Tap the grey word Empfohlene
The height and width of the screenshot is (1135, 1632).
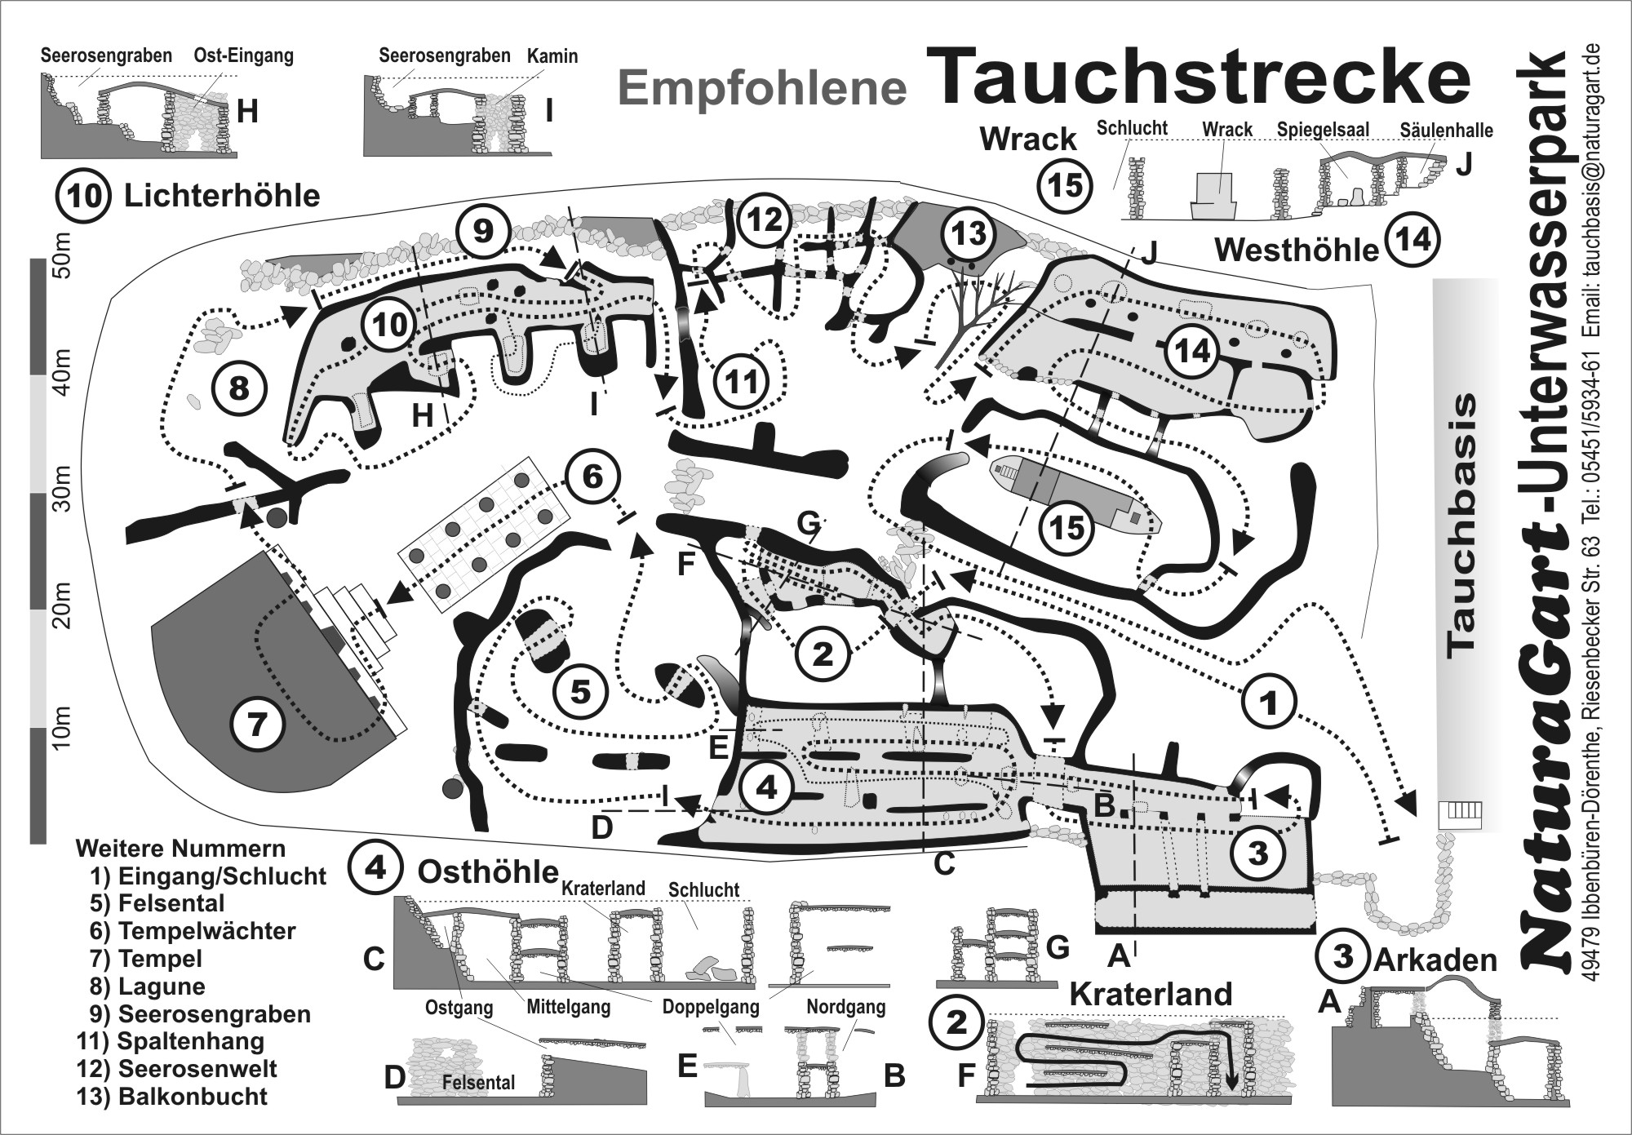(x=763, y=88)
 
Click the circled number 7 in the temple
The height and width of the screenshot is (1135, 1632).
(x=257, y=723)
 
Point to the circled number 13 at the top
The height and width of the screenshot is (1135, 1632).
(x=969, y=234)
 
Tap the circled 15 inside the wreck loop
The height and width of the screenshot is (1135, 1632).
(x=1067, y=527)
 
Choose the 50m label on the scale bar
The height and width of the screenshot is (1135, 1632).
(x=64, y=255)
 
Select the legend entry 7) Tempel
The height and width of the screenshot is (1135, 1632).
(x=148, y=959)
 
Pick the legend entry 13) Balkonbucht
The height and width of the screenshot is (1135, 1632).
(x=175, y=1096)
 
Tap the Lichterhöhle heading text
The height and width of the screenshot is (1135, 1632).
(x=221, y=196)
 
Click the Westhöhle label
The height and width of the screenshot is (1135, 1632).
(x=1296, y=249)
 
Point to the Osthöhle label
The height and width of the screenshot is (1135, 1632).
(x=487, y=871)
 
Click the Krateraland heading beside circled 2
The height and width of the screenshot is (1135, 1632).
(x=1151, y=994)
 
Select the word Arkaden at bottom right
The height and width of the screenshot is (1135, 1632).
(x=1435, y=960)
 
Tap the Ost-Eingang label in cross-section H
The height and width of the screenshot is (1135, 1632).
(x=243, y=56)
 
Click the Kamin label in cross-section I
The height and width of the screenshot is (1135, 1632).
(x=552, y=56)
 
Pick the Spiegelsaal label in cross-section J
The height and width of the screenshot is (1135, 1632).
(x=1324, y=130)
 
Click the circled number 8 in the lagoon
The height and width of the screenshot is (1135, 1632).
(x=238, y=388)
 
